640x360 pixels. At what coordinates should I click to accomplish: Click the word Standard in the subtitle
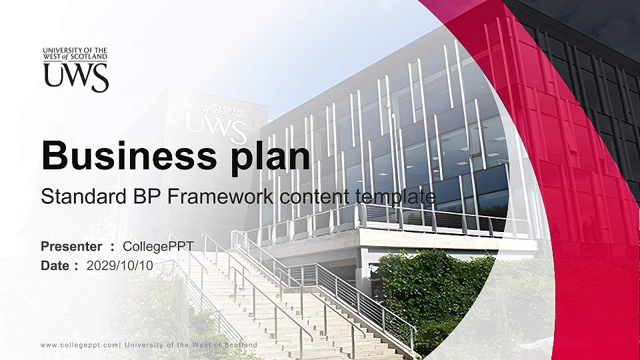75,197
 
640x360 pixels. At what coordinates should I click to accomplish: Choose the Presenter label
71,247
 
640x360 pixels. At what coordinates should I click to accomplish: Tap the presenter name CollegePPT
158,247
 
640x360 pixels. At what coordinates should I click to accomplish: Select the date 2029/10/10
120,265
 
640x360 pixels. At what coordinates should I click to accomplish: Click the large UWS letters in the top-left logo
76,78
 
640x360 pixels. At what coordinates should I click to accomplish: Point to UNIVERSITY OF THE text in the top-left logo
75,51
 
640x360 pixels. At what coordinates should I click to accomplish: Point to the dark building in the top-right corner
593,53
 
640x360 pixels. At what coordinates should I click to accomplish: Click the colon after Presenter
113,247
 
